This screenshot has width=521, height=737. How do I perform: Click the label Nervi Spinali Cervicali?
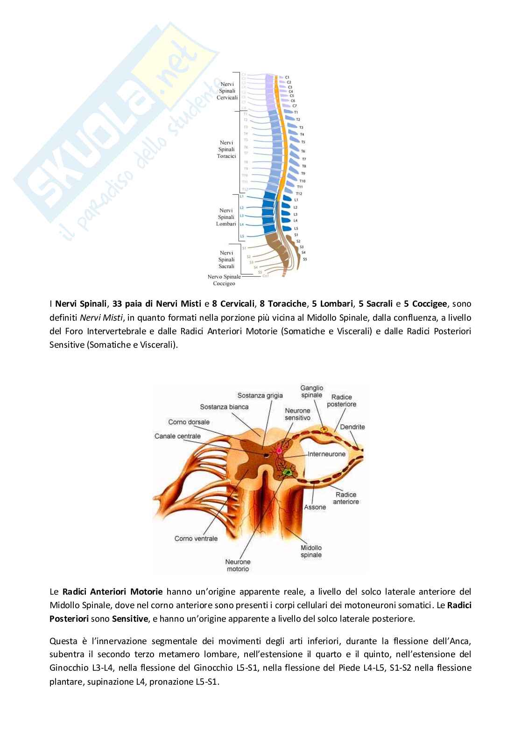227,91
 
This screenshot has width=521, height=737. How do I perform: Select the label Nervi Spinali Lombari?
226,217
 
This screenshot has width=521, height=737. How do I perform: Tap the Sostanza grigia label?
260,395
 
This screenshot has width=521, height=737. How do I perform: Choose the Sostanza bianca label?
224,407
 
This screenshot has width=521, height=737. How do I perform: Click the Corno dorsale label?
189,422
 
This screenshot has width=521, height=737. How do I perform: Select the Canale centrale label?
177,436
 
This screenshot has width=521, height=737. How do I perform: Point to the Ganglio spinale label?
311,391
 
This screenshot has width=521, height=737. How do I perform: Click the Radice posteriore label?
341,400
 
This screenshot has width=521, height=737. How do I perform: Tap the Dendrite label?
352,427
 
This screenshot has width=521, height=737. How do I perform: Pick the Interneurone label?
327,454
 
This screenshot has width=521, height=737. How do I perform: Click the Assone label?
315,507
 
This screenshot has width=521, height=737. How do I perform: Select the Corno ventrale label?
196,538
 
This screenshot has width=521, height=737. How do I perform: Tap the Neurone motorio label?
238,565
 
